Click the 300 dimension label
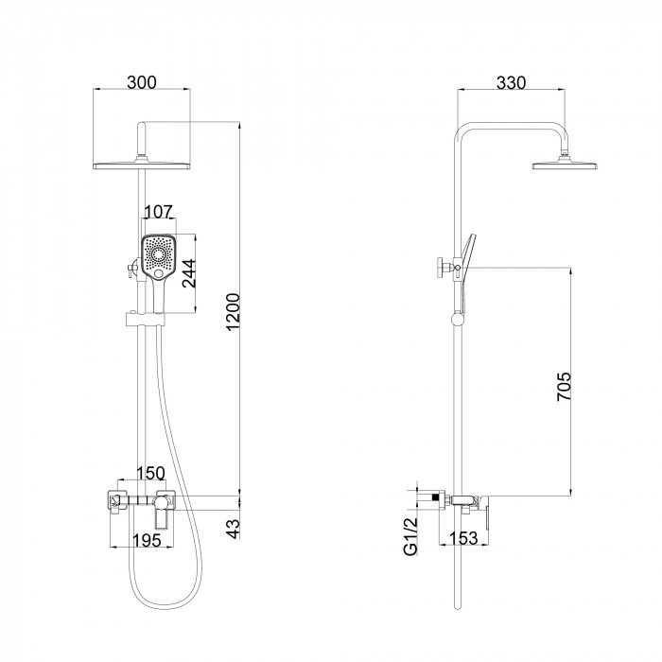(x=142, y=82)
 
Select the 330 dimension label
(x=512, y=83)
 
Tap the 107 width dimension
(x=159, y=212)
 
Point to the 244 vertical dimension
(x=189, y=273)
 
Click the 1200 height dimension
(x=234, y=312)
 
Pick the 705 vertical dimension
(x=564, y=386)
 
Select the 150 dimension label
(x=150, y=473)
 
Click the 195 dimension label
(x=147, y=540)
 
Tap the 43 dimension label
(x=233, y=528)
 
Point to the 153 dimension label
(x=463, y=538)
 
